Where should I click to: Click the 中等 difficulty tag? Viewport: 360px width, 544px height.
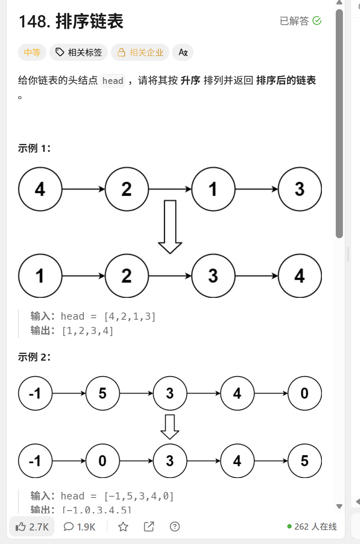tap(32, 52)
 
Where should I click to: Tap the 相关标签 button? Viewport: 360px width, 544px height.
tap(79, 52)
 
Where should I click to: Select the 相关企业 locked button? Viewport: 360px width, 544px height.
tap(140, 52)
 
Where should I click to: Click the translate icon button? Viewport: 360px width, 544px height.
tap(183, 52)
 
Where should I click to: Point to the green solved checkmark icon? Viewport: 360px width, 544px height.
tap(317, 21)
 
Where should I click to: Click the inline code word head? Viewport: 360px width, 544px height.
tap(113, 81)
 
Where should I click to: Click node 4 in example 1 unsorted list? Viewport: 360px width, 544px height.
tap(40, 189)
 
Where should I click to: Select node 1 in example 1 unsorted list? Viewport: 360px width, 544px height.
tap(213, 189)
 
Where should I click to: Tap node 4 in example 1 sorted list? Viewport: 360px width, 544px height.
tap(300, 276)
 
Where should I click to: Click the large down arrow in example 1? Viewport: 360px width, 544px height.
tap(170, 227)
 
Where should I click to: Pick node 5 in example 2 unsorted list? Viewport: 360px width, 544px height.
tap(103, 393)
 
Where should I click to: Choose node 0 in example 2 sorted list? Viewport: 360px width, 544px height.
tap(103, 461)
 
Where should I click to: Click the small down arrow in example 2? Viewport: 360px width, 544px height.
tap(170, 427)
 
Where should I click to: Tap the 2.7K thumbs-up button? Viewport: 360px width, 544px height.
tap(32, 527)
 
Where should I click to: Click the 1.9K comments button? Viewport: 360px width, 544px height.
tap(79, 527)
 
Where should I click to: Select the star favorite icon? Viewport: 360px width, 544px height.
tap(123, 527)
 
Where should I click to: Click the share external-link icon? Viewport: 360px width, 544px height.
tap(149, 527)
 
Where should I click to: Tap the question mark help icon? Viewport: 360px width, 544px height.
tap(175, 527)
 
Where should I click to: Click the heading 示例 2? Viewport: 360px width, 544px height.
tap(34, 357)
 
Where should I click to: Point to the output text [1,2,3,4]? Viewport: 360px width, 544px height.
tap(88, 331)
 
